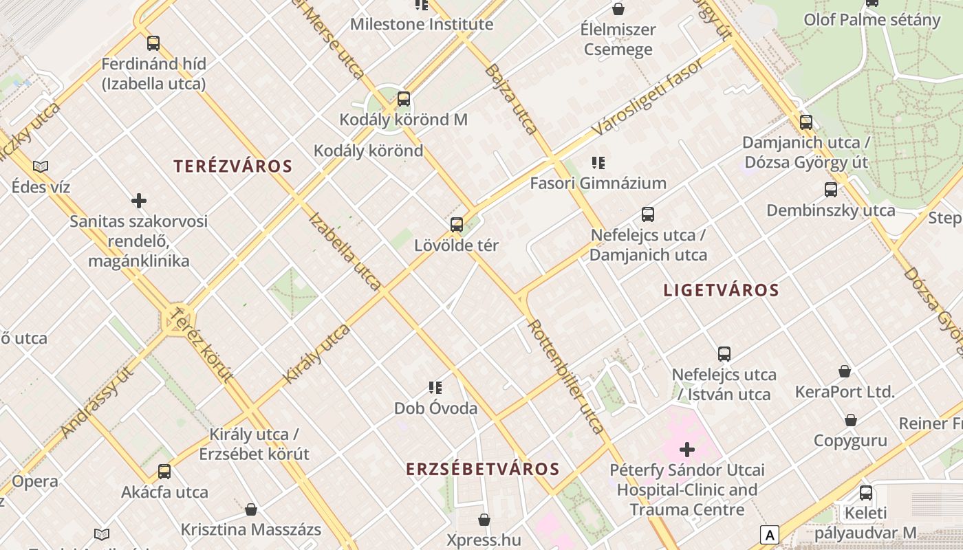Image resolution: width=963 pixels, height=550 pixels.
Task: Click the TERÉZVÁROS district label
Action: pyautogui.click(x=232, y=166)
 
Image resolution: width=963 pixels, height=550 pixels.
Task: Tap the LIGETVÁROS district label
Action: pyautogui.click(x=721, y=290)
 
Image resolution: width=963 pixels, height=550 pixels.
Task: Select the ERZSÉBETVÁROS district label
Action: pyautogui.click(x=482, y=469)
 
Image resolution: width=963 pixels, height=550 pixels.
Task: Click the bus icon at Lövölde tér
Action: pyautogui.click(x=456, y=225)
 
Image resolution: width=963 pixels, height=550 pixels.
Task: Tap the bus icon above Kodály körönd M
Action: pyautogui.click(x=404, y=99)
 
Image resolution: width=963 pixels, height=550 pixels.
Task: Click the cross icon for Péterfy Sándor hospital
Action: pyautogui.click(x=686, y=450)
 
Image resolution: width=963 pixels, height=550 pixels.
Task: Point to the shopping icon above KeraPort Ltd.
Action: pyautogui.click(x=845, y=371)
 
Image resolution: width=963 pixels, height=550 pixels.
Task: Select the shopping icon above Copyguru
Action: pyautogui.click(x=851, y=420)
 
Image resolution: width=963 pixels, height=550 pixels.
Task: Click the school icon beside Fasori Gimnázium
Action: pyautogui.click(x=598, y=163)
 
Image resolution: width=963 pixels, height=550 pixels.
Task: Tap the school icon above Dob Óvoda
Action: pyautogui.click(x=435, y=388)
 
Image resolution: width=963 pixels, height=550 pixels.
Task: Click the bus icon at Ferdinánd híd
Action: pyautogui.click(x=153, y=43)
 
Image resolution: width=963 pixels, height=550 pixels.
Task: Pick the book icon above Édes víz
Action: pyautogui.click(x=41, y=166)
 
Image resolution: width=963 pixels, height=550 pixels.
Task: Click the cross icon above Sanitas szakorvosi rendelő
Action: pyautogui.click(x=139, y=201)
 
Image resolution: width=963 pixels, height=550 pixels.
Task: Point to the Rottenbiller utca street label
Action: pyautogui.click(x=566, y=375)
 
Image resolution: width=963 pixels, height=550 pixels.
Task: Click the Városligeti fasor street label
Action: pyautogui.click(x=648, y=97)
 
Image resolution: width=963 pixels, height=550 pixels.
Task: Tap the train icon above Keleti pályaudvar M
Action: pyautogui.click(x=865, y=492)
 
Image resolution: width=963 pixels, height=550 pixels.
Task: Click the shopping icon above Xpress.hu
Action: pyautogui.click(x=484, y=520)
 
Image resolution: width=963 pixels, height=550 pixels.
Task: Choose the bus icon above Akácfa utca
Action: pyautogui.click(x=164, y=472)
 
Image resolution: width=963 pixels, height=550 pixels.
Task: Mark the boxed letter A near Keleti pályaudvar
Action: pyautogui.click(x=769, y=535)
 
